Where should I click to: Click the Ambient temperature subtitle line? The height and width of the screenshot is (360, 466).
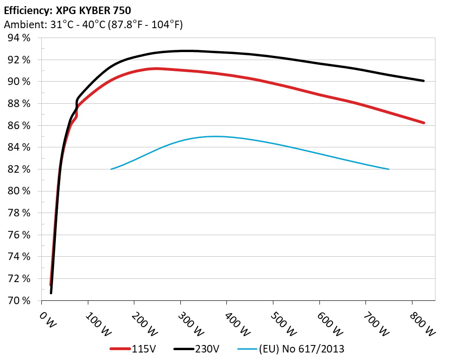[x=93, y=24]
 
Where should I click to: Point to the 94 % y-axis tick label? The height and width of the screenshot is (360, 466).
[x=19, y=38]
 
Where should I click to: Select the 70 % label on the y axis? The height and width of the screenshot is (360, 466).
[x=19, y=300]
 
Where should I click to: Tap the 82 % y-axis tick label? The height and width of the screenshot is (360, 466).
[x=19, y=169]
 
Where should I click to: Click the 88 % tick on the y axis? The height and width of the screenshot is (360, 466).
[x=19, y=104]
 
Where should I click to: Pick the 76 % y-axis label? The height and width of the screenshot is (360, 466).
[x=19, y=235]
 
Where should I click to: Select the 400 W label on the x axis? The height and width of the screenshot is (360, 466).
[x=230, y=323]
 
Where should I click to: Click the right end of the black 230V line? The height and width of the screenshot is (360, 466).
[x=424, y=81]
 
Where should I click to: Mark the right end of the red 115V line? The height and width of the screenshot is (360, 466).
[x=424, y=123]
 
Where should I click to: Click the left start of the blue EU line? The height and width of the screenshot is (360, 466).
[x=111, y=169]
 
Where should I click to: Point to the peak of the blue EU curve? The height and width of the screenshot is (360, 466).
[x=215, y=136]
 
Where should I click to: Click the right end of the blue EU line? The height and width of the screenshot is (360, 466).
[x=389, y=169]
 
